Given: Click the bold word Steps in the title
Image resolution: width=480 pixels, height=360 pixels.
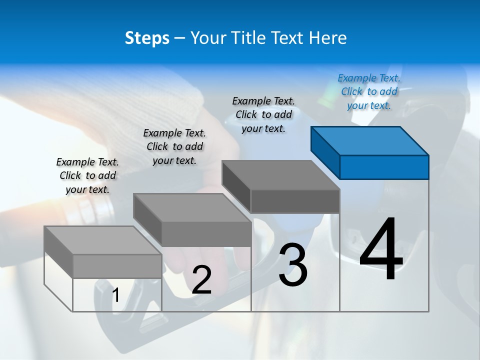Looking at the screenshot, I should point(147,38).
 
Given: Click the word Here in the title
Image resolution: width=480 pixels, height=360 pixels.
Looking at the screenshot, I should point(327,38).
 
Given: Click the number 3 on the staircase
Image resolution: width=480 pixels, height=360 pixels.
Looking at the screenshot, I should point(292,265).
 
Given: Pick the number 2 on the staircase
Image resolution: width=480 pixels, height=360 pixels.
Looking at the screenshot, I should point(201,280).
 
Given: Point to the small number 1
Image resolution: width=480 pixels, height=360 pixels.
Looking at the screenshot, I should point(115,295).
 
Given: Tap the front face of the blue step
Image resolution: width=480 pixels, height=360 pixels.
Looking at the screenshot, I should point(384,167).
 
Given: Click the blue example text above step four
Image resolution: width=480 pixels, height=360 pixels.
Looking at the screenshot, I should point(369,91).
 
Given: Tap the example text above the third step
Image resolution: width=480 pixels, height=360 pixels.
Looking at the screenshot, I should point(263,114).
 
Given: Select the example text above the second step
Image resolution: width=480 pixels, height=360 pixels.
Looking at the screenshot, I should point(174,146).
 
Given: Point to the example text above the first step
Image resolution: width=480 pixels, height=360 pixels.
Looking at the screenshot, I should point(87,175).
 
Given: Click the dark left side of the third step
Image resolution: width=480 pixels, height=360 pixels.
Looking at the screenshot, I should point(236,184).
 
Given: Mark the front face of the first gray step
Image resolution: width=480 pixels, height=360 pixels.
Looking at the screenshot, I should point(117,266).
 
